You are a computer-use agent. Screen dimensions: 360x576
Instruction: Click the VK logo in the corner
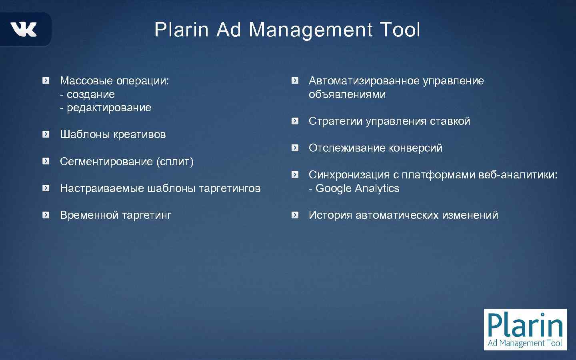point(24,30)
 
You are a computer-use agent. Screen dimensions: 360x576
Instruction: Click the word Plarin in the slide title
point(182,30)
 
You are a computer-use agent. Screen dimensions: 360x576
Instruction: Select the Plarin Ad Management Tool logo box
point(525,329)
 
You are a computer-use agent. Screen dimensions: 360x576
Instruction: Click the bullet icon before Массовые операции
point(46,81)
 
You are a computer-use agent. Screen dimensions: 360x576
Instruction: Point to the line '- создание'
point(87,94)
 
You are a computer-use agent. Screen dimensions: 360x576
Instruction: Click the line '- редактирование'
point(106,108)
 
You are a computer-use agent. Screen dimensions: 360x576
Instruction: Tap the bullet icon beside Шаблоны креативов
point(46,134)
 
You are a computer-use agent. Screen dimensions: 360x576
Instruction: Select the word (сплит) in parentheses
point(175,162)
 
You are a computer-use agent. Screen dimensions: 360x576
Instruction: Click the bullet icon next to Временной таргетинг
point(46,215)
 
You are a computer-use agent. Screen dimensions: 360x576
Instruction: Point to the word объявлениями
point(347,94)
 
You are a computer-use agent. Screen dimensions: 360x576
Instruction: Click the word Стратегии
point(335,121)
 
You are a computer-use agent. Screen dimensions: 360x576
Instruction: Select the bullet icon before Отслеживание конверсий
point(295,148)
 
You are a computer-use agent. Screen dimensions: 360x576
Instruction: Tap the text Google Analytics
point(357,188)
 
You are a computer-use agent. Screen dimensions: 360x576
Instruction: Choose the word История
point(330,215)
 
